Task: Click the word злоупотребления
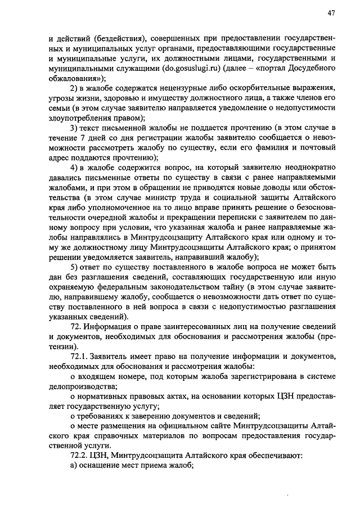coord(78,118)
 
